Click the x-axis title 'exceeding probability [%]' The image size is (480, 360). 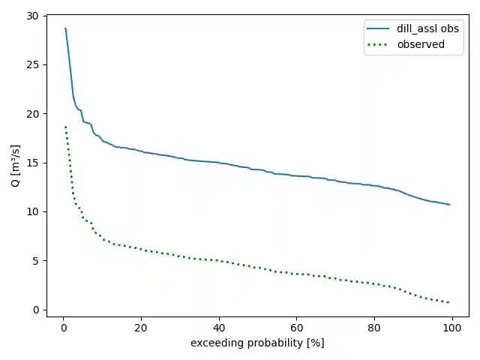(257, 343)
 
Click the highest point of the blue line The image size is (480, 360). (65, 28)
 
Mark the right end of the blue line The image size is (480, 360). (449, 205)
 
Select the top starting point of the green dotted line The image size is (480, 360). (65, 127)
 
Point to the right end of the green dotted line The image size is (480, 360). (449, 302)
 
